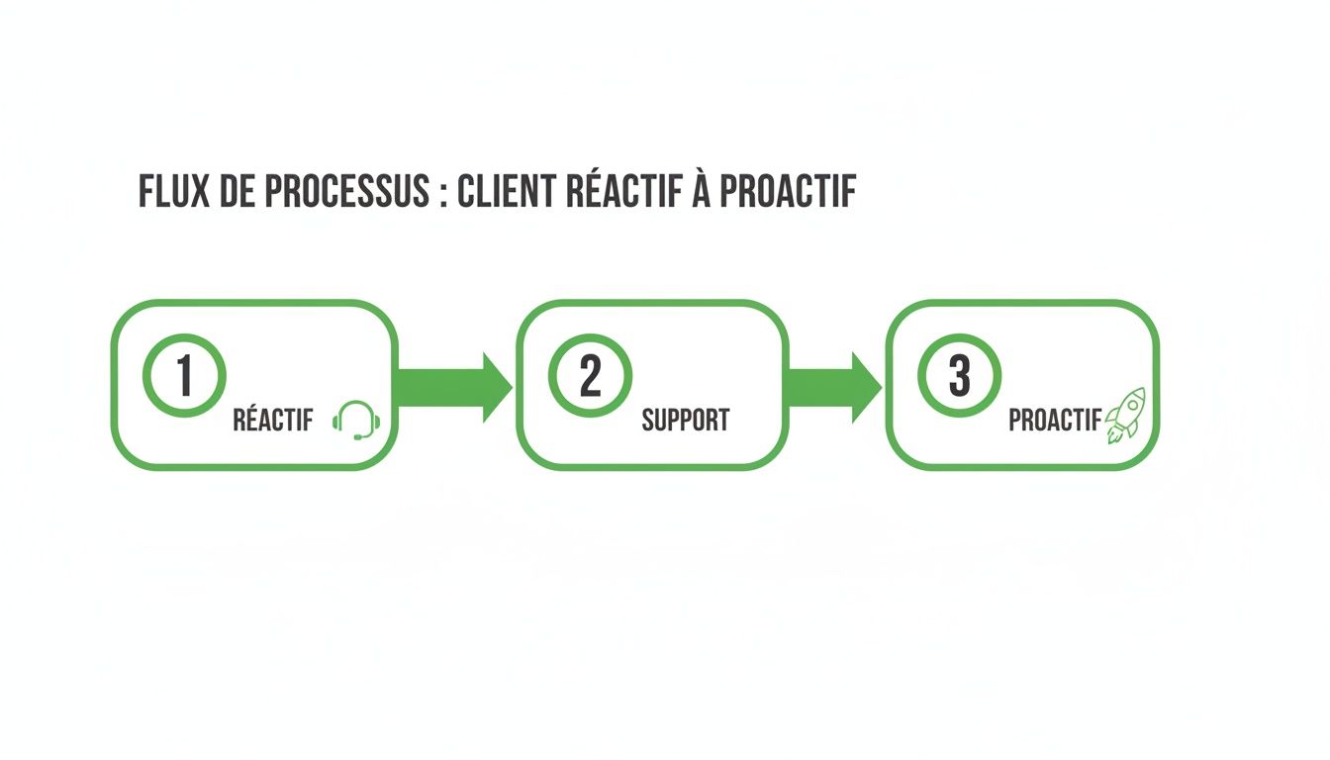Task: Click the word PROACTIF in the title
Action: [787, 193]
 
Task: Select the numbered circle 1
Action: [184, 376]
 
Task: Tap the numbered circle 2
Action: [590, 376]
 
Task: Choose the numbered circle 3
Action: [959, 376]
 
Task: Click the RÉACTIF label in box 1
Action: [272, 421]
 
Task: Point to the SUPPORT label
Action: [685, 421]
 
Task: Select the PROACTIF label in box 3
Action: [1054, 421]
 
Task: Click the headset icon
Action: [356, 420]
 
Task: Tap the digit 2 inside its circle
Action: [590, 376]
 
